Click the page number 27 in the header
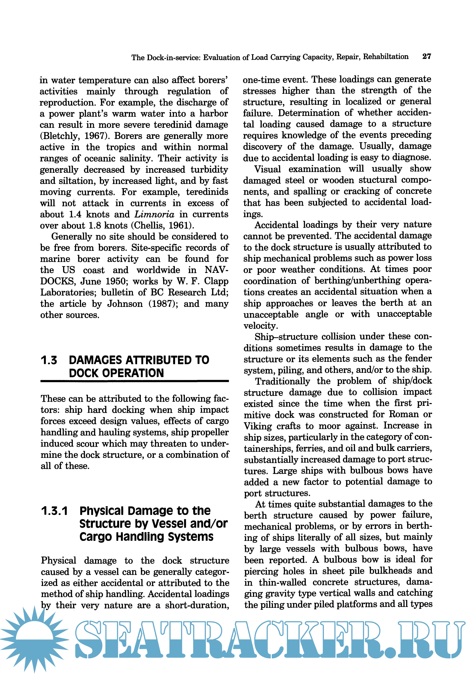426,56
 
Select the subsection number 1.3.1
54,511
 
